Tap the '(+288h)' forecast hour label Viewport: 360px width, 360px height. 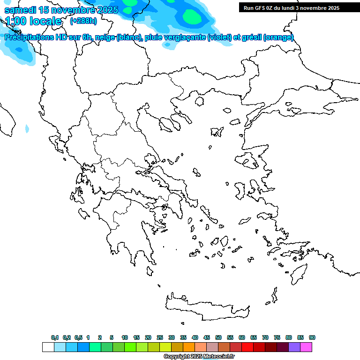pyautogui.click(x=84, y=21)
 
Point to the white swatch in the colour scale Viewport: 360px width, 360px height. pyautogui.click(x=48, y=347)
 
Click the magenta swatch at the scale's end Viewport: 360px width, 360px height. pyautogui.click(x=306, y=347)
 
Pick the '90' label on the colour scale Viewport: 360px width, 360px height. pyautogui.click(x=312, y=337)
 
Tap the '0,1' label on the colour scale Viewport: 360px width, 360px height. pyautogui.click(x=55, y=337)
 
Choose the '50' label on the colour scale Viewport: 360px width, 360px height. pyautogui.click(x=218, y=337)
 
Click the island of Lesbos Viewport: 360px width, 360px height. pyautogui.click(x=248, y=161)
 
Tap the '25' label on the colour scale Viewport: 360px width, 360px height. pyautogui.click(x=160, y=337)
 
